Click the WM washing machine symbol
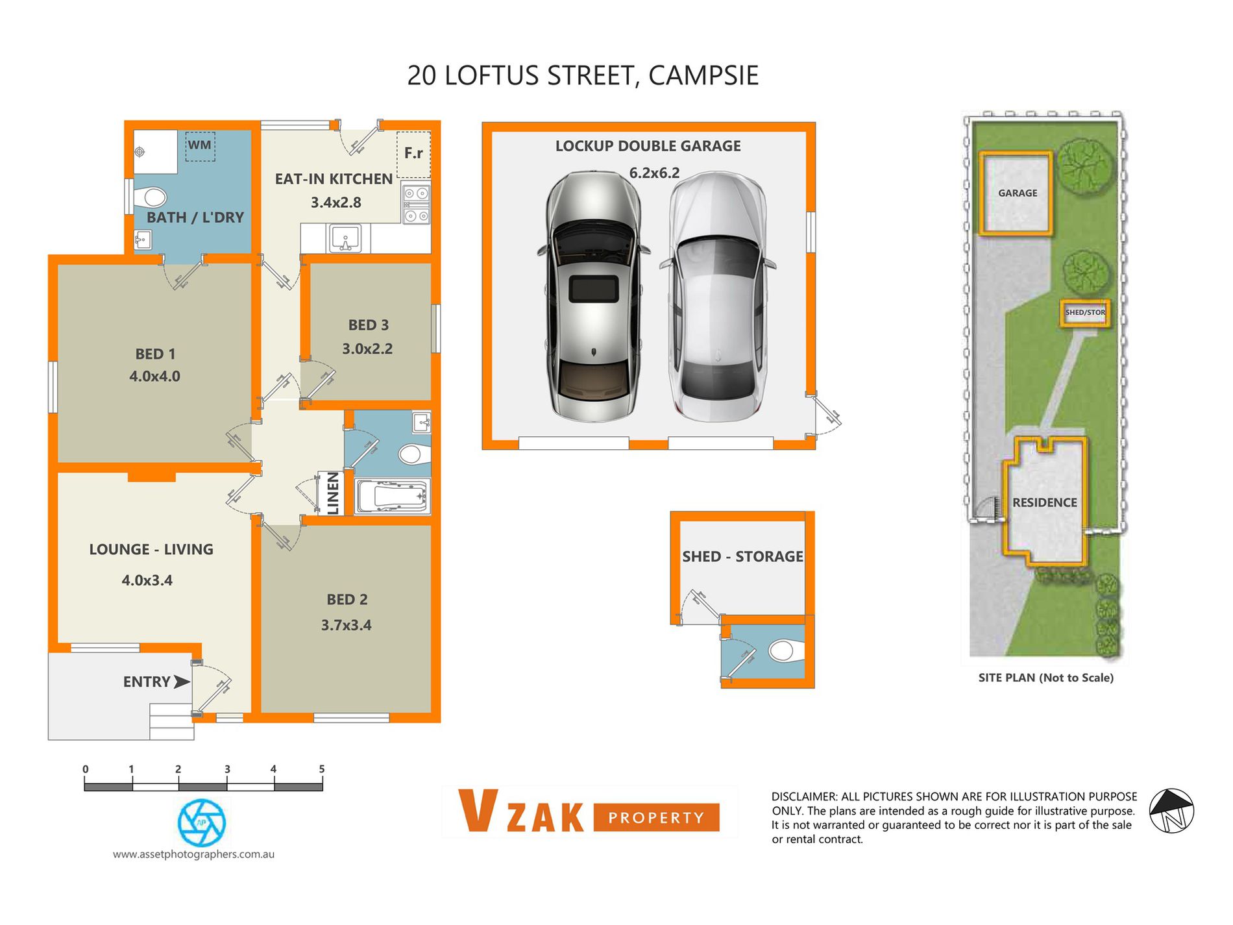200,146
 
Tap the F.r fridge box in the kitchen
413,154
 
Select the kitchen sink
345,238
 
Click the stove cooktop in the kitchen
416,204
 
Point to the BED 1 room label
155,354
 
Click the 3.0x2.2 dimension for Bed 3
367,349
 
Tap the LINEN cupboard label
333,493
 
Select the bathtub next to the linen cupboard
392,497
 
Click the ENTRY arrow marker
181,682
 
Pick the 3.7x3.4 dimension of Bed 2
347,626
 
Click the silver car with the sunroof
593,297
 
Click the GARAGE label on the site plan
1018,193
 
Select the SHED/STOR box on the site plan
1085,313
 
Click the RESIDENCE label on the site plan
1045,503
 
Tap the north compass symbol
1171,811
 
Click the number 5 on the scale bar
322,769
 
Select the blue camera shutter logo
202,823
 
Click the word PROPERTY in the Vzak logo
656,818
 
